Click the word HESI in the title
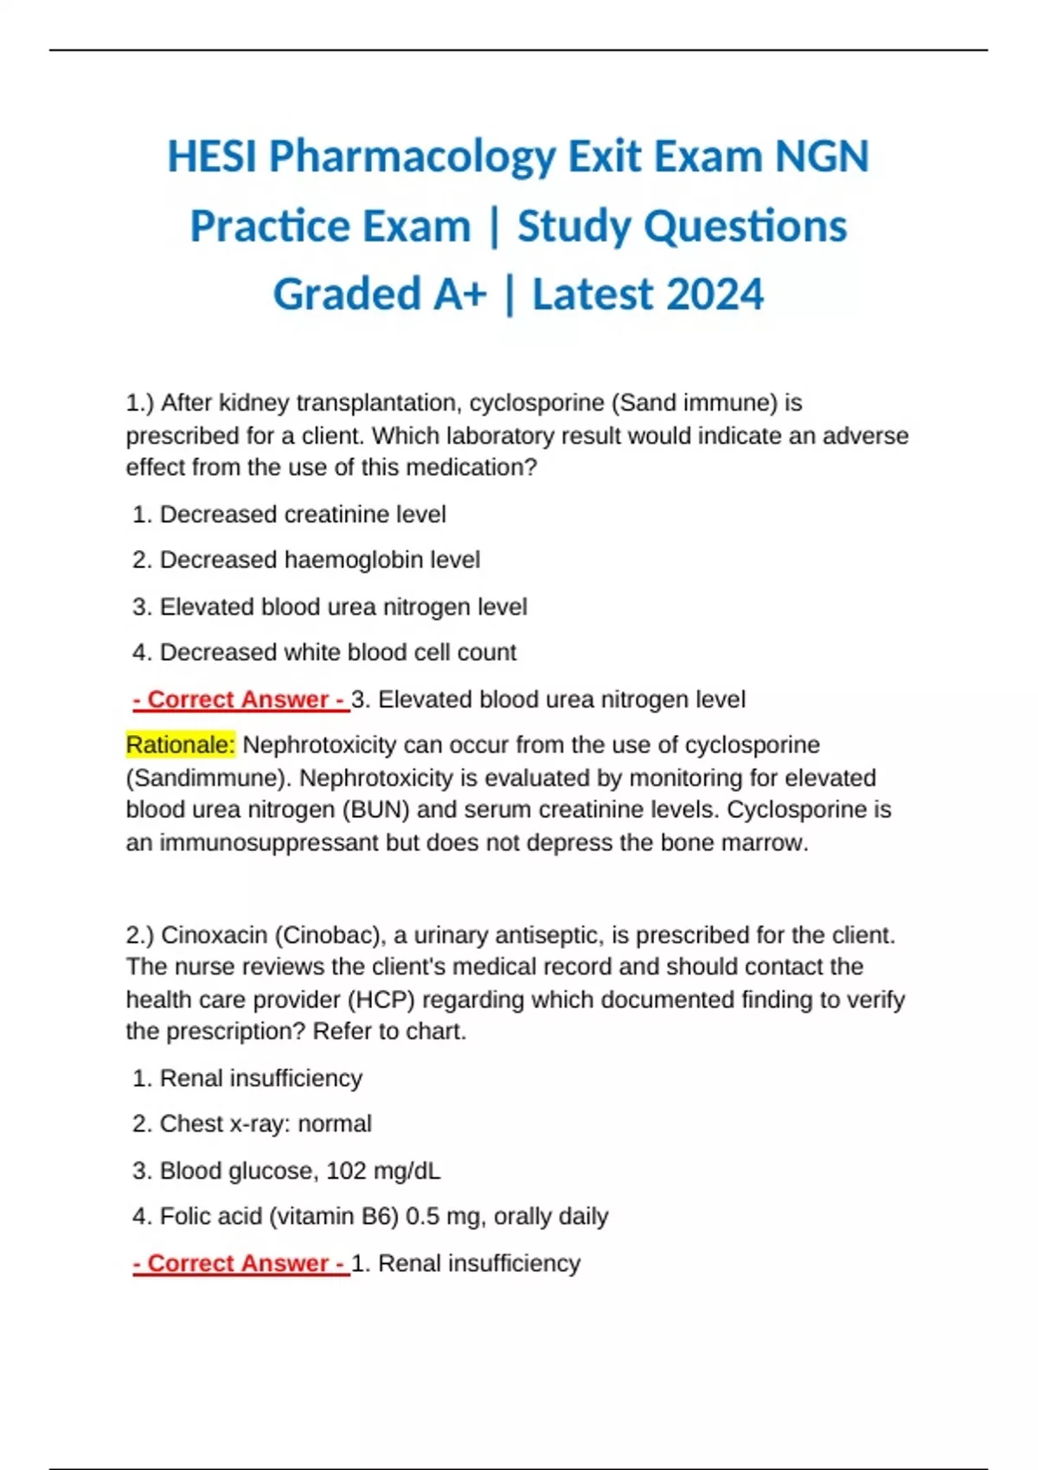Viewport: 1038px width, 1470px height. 212,157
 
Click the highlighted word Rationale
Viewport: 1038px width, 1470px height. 180,745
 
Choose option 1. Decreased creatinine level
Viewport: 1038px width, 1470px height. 290,514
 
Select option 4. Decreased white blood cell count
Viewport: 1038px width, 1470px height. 324,652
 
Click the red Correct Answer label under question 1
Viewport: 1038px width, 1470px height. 240,700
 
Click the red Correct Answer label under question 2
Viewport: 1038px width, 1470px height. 240,1263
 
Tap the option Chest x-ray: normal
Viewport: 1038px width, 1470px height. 252,1124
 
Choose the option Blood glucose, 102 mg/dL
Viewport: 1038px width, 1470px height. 286,1171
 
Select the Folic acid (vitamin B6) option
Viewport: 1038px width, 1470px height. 370,1217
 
